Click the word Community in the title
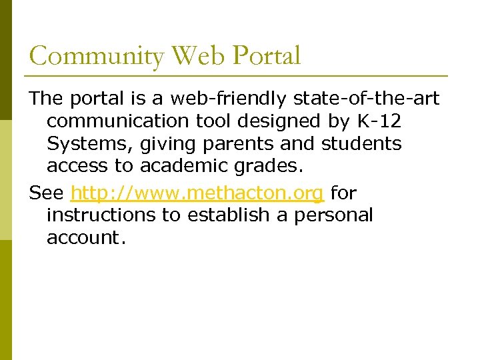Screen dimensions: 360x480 [x=96, y=56]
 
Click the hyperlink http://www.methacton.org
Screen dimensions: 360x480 [x=197, y=193]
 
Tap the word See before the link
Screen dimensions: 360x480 [x=47, y=193]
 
